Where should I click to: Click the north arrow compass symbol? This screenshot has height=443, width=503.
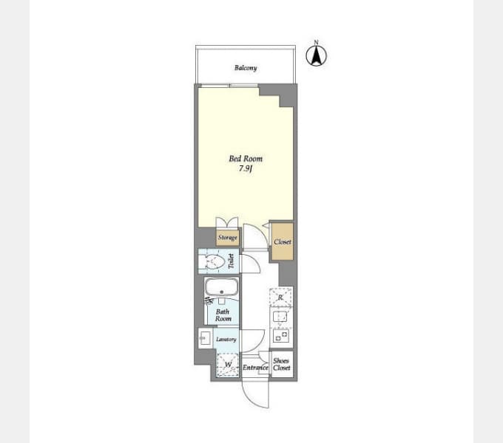click(317, 55)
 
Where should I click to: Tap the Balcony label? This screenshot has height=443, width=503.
click(246, 68)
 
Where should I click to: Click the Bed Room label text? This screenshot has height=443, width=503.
click(245, 159)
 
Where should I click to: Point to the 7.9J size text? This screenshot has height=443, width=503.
click(245, 170)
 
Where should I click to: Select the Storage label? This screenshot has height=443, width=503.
click(227, 238)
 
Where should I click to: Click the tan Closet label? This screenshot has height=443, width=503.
click(282, 242)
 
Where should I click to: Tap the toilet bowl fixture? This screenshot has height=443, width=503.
click(215, 262)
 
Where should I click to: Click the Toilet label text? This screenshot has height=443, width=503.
click(231, 262)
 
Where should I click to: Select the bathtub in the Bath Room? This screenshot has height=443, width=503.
click(220, 287)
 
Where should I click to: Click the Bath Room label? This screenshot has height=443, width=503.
click(223, 315)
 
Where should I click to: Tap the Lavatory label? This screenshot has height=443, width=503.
click(226, 340)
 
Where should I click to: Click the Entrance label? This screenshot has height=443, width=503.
click(254, 367)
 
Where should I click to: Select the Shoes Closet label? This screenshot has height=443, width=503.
click(281, 364)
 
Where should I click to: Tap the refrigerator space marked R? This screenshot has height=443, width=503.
click(281, 297)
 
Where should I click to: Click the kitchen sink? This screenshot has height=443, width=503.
click(281, 317)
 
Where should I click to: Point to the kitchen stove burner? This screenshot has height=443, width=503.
click(281, 337)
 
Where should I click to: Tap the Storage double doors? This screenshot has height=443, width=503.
click(227, 222)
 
